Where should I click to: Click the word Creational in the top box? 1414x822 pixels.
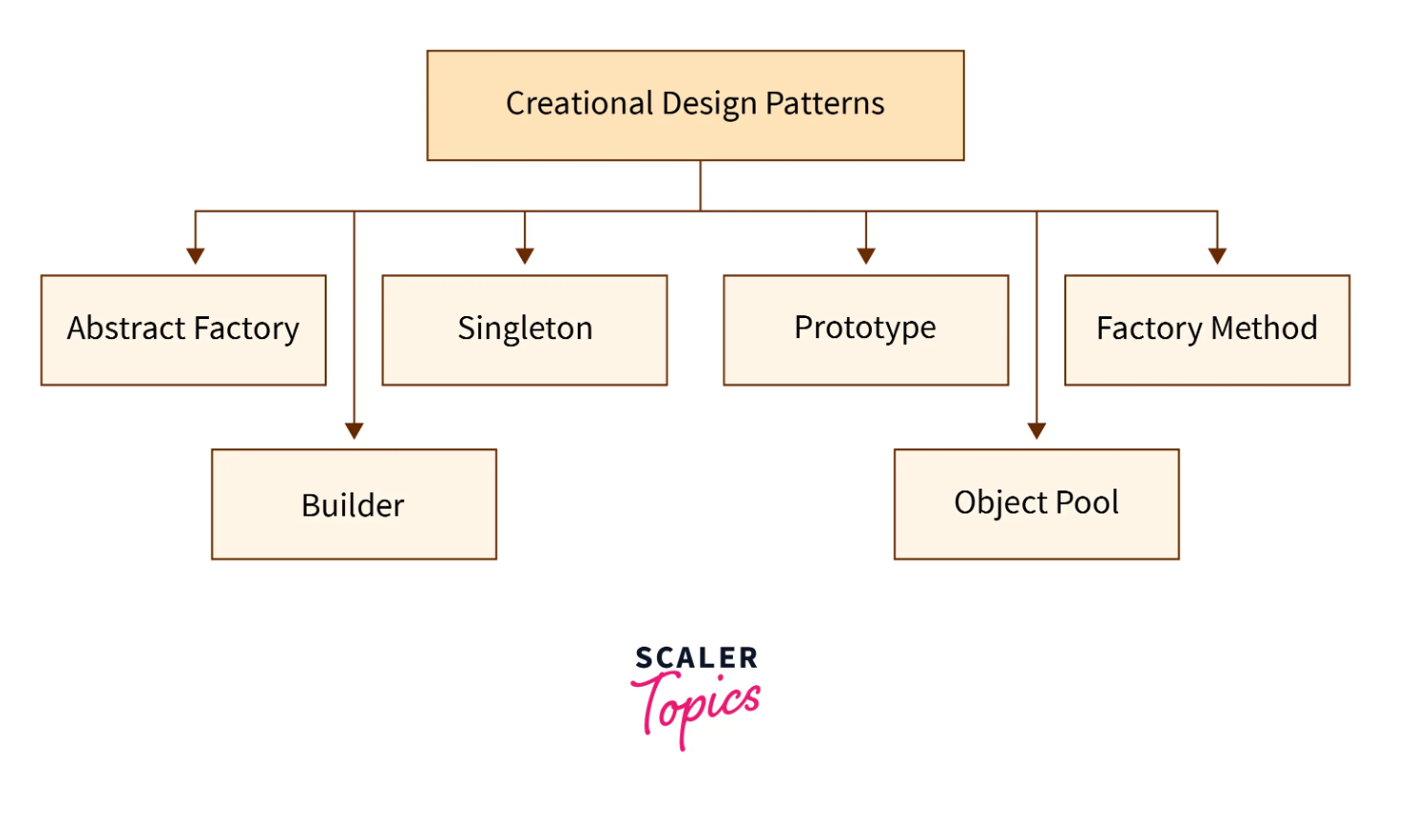pyautogui.click(x=580, y=103)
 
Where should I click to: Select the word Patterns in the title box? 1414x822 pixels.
pyautogui.click(x=825, y=103)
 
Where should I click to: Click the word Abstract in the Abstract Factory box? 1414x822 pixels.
pyautogui.click(x=126, y=328)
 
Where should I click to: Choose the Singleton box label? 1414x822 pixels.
pyautogui.click(x=525, y=329)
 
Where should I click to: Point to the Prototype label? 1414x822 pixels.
pyautogui.click(x=865, y=329)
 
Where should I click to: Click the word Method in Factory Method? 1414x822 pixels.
pyautogui.click(x=1264, y=328)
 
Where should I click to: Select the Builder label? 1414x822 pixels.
pyautogui.click(x=353, y=505)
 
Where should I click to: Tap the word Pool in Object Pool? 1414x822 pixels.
pyautogui.click(x=1087, y=503)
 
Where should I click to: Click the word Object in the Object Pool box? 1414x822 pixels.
pyautogui.click(x=1000, y=504)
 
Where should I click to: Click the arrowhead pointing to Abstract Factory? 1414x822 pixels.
pyautogui.click(x=195, y=256)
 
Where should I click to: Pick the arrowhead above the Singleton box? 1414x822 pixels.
pyautogui.click(x=525, y=256)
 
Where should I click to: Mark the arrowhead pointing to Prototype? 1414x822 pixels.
pyautogui.click(x=865, y=256)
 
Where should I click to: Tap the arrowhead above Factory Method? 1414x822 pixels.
pyautogui.click(x=1217, y=256)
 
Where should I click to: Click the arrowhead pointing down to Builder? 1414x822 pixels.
pyautogui.click(x=354, y=430)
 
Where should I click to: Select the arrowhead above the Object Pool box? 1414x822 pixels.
pyautogui.click(x=1037, y=430)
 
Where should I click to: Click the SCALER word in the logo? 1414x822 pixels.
pyautogui.click(x=696, y=658)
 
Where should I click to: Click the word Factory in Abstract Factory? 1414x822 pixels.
pyautogui.click(x=246, y=329)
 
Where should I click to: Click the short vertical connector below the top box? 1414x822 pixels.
pyautogui.click(x=700, y=186)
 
